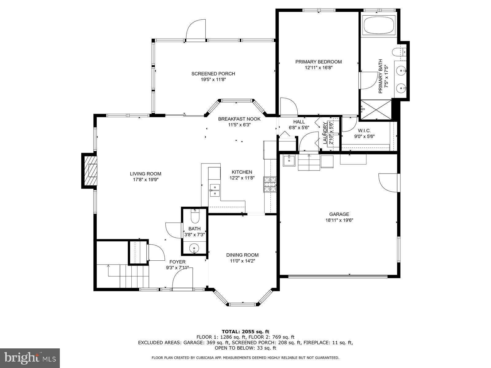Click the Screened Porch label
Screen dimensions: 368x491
[x=213, y=74]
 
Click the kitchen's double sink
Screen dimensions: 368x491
[x=215, y=190]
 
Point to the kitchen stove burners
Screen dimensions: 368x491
[x=269, y=184]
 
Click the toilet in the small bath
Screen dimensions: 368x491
[x=195, y=217]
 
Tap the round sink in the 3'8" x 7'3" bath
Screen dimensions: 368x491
[x=194, y=247]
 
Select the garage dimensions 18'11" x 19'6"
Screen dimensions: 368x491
[x=339, y=220]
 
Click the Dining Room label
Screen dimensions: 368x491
[x=242, y=255]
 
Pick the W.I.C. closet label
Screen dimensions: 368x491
[x=364, y=131]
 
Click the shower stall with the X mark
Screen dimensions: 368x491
[x=376, y=109]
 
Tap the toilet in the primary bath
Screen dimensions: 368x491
[x=398, y=52]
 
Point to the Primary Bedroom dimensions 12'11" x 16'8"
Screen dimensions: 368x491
[x=318, y=67]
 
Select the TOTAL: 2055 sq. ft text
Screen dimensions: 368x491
[x=245, y=332]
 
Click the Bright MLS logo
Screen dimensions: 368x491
[x=30, y=358]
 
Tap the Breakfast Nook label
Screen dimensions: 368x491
[x=239, y=119]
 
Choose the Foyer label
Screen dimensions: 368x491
[x=177, y=262]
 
